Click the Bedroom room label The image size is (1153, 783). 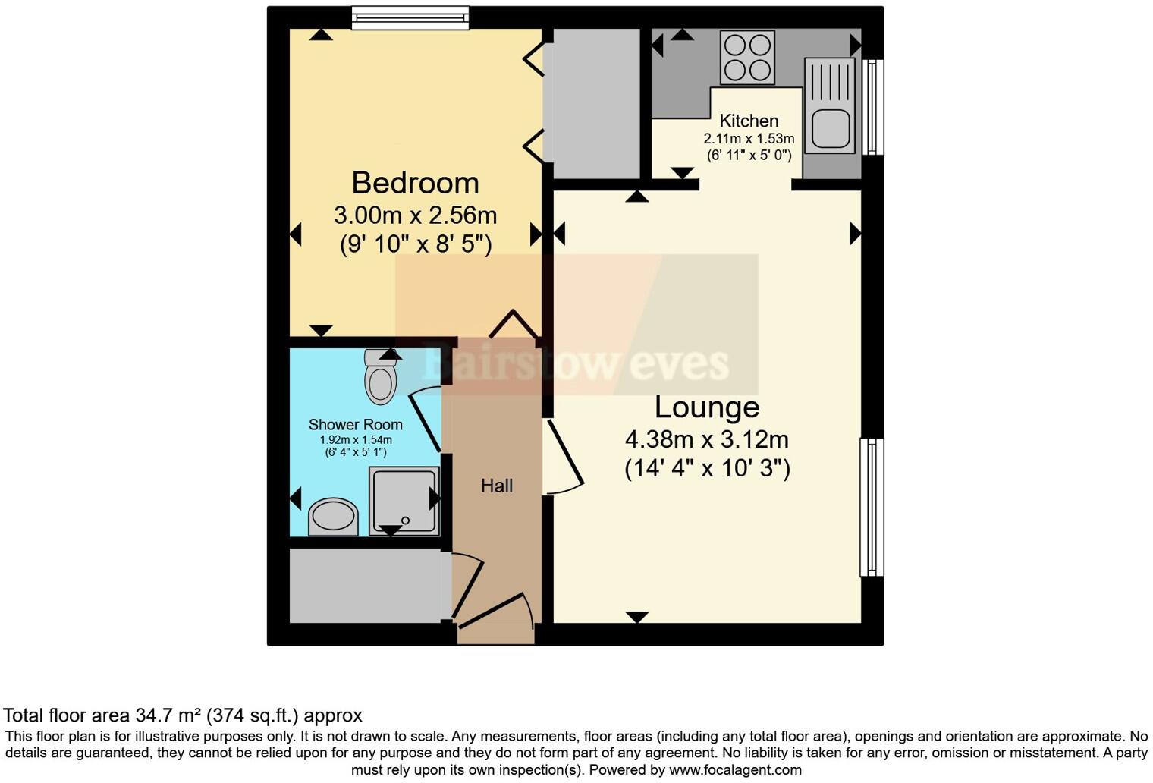tap(415, 184)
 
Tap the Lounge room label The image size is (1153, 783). tap(706, 407)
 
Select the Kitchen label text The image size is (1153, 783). tap(749, 121)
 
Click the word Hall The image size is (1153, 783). tap(497, 486)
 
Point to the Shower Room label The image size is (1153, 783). tap(355, 425)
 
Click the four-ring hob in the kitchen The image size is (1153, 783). tap(747, 58)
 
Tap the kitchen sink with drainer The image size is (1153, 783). tap(830, 105)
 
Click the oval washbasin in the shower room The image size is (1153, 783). tap(333, 517)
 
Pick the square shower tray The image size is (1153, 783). tap(404, 500)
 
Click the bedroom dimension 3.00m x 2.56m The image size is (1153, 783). tap(415, 215)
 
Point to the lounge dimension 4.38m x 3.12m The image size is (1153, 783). tap(706, 439)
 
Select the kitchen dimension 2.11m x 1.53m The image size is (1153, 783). tap(749, 139)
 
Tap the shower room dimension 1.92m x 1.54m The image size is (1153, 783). tap(355, 440)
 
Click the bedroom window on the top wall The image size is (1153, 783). tap(410, 17)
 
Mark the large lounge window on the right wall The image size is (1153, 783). tap(872, 507)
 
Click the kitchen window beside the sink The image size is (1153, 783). tap(873, 107)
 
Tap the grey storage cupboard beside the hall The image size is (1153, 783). tap(365, 585)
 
